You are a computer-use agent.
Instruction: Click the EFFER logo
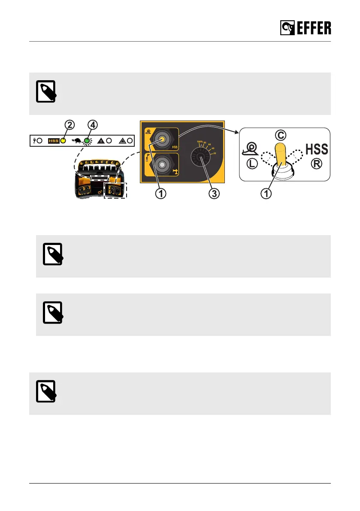pyautogui.click(x=306, y=28)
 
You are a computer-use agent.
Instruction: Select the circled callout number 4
pyautogui.click(x=93, y=125)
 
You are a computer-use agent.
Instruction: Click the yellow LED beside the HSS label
pyautogui.click(x=63, y=140)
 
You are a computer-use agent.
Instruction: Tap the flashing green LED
pyautogui.click(x=87, y=140)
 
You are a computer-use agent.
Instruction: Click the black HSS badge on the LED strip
pyautogui.click(x=53, y=140)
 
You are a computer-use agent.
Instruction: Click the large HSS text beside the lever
pyautogui.click(x=317, y=149)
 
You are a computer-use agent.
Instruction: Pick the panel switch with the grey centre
pyautogui.click(x=162, y=164)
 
